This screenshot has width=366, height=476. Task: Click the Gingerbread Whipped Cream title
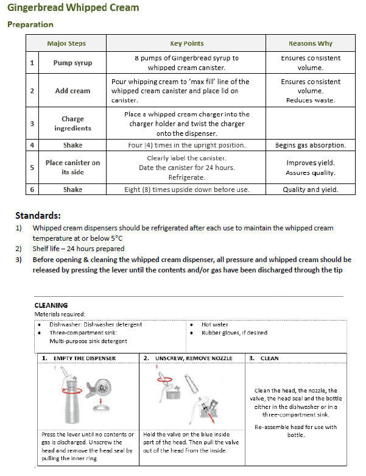[x=73, y=8]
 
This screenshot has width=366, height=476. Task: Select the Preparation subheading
[x=30, y=24]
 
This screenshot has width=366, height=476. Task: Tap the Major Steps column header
[x=66, y=43]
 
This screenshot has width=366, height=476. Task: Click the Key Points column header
[x=186, y=43]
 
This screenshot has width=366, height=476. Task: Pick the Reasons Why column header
[x=311, y=43]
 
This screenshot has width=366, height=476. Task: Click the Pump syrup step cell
[x=72, y=63]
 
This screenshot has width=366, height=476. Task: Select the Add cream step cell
[x=72, y=91]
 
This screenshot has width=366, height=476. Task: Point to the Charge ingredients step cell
[x=72, y=124]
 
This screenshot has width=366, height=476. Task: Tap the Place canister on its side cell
[x=72, y=167]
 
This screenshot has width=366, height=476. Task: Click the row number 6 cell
[x=32, y=190]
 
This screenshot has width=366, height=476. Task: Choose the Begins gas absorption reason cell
[x=311, y=145]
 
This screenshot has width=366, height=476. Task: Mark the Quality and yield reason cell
[x=311, y=190]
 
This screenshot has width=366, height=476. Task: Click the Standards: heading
[x=38, y=215]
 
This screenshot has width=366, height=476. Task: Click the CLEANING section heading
[x=51, y=305]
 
